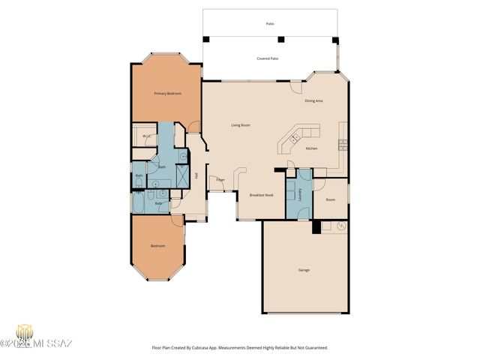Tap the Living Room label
(x=240, y=125)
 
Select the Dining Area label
(x=313, y=100)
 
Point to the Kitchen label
(x=312, y=148)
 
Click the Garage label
(x=304, y=270)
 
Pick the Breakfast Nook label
(x=260, y=195)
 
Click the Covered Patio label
(x=268, y=58)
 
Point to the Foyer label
(x=220, y=180)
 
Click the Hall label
(x=196, y=175)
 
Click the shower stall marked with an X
(x=181, y=176)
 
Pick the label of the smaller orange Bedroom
(x=157, y=246)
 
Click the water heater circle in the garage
(x=340, y=226)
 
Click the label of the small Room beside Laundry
(x=329, y=199)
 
